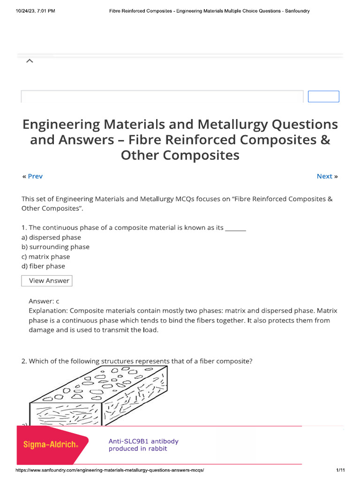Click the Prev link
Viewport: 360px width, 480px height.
point(35,176)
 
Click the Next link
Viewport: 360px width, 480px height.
point(324,176)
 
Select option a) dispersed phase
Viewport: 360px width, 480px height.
point(51,237)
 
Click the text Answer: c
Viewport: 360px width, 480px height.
point(44,301)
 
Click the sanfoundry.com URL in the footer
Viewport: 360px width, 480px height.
point(110,470)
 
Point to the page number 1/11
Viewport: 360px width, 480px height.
point(340,470)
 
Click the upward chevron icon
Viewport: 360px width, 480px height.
point(29,61)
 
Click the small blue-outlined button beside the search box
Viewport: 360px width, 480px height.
point(323,97)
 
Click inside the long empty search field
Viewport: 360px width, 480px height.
point(162,97)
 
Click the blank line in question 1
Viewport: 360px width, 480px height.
point(236,228)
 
